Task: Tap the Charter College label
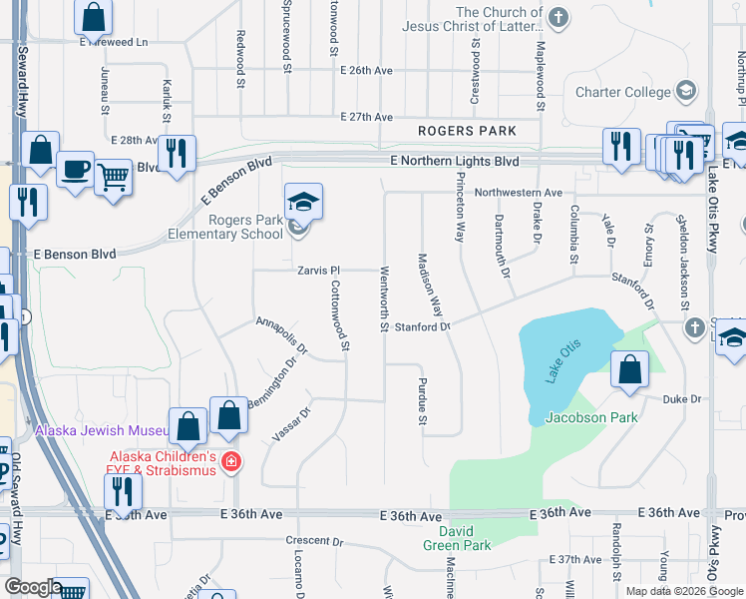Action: pos(623,92)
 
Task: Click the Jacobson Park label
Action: pos(590,418)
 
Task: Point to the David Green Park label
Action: pos(470,537)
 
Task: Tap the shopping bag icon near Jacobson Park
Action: pos(630,369)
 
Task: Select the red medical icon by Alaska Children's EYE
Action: pos(231,461)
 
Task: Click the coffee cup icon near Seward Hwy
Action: pos(75,169)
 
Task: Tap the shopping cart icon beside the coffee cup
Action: pos(113,178)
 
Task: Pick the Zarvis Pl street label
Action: pos(318,271)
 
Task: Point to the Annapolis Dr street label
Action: pos(281,335)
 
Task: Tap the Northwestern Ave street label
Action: pos(518,193)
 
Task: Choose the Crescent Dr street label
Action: pos(313,541)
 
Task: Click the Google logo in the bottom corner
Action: pos(33,587)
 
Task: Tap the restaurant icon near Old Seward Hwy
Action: pos(124,491)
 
